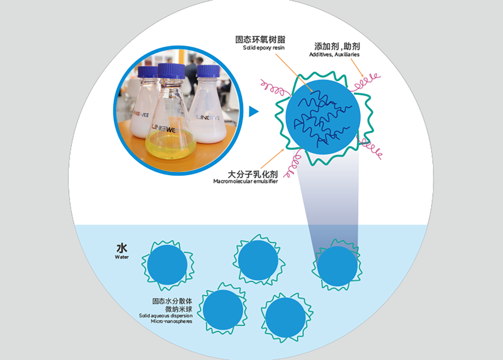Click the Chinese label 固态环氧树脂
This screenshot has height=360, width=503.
[x=260, y=40]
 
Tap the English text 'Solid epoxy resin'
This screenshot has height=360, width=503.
[x=264, y=48]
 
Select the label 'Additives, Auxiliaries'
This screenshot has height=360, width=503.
[x=334, y=54]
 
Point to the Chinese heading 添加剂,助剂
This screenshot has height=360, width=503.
[x=337, y=46]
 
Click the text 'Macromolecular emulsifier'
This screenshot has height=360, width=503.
[x=245, y=181]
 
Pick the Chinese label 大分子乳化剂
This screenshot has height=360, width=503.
[x=252, y=174]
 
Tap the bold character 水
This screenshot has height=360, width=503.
[x=122, y=248]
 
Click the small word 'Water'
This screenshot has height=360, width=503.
[x=122, y=257]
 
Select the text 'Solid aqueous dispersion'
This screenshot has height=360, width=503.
[x=165, y=316]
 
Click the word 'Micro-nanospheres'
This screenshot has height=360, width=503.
[x=171, y=321]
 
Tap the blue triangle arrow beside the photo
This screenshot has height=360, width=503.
[x=253, y=111]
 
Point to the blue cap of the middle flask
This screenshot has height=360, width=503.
[x=171, y=71]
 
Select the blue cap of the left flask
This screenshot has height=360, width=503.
[x=148, y=72]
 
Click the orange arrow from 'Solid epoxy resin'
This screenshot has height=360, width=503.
[x=294, y=73]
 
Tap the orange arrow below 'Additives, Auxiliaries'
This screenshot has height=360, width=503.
[x=357, y=68]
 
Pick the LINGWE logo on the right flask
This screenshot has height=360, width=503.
[x=208, y=118]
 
